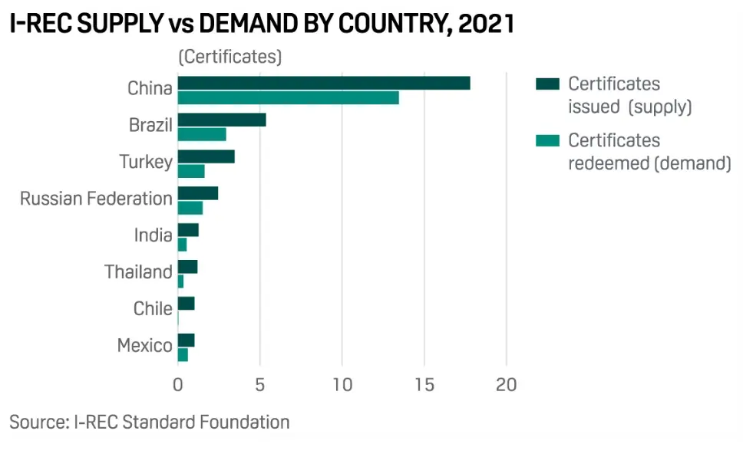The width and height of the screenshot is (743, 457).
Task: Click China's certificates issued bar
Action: pos(323,83)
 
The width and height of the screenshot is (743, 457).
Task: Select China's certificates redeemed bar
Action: pos(288,97)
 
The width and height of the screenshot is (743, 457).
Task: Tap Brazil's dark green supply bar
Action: pos(221,120)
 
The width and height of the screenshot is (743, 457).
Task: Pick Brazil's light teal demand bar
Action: pos(201,134)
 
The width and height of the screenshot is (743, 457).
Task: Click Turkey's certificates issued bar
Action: pos(206,156)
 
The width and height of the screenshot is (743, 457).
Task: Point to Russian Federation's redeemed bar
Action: pos(190,208)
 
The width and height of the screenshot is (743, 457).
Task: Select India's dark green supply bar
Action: pos(187,230)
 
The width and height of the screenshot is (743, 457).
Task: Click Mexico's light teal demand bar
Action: pos(182,354)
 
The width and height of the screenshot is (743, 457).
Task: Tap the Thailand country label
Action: pos(138,271)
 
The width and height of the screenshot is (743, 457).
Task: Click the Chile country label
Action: pos(152,308)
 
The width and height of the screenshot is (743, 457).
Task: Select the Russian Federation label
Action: pos(96,199)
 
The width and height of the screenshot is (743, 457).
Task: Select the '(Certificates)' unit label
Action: pos(230,57)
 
